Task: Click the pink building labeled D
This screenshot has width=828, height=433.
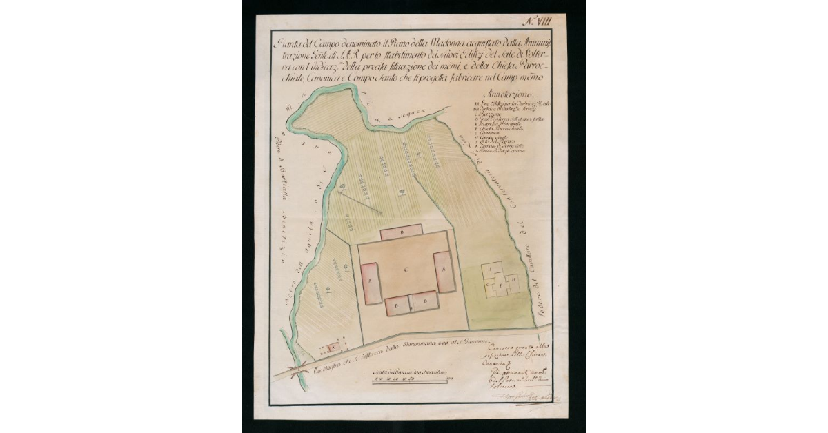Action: coord(402,232)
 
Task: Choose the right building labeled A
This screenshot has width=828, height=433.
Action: coord(445,271)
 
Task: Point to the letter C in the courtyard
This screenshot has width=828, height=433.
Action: coord(406,266)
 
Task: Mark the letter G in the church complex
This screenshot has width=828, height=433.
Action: coord(489,283)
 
